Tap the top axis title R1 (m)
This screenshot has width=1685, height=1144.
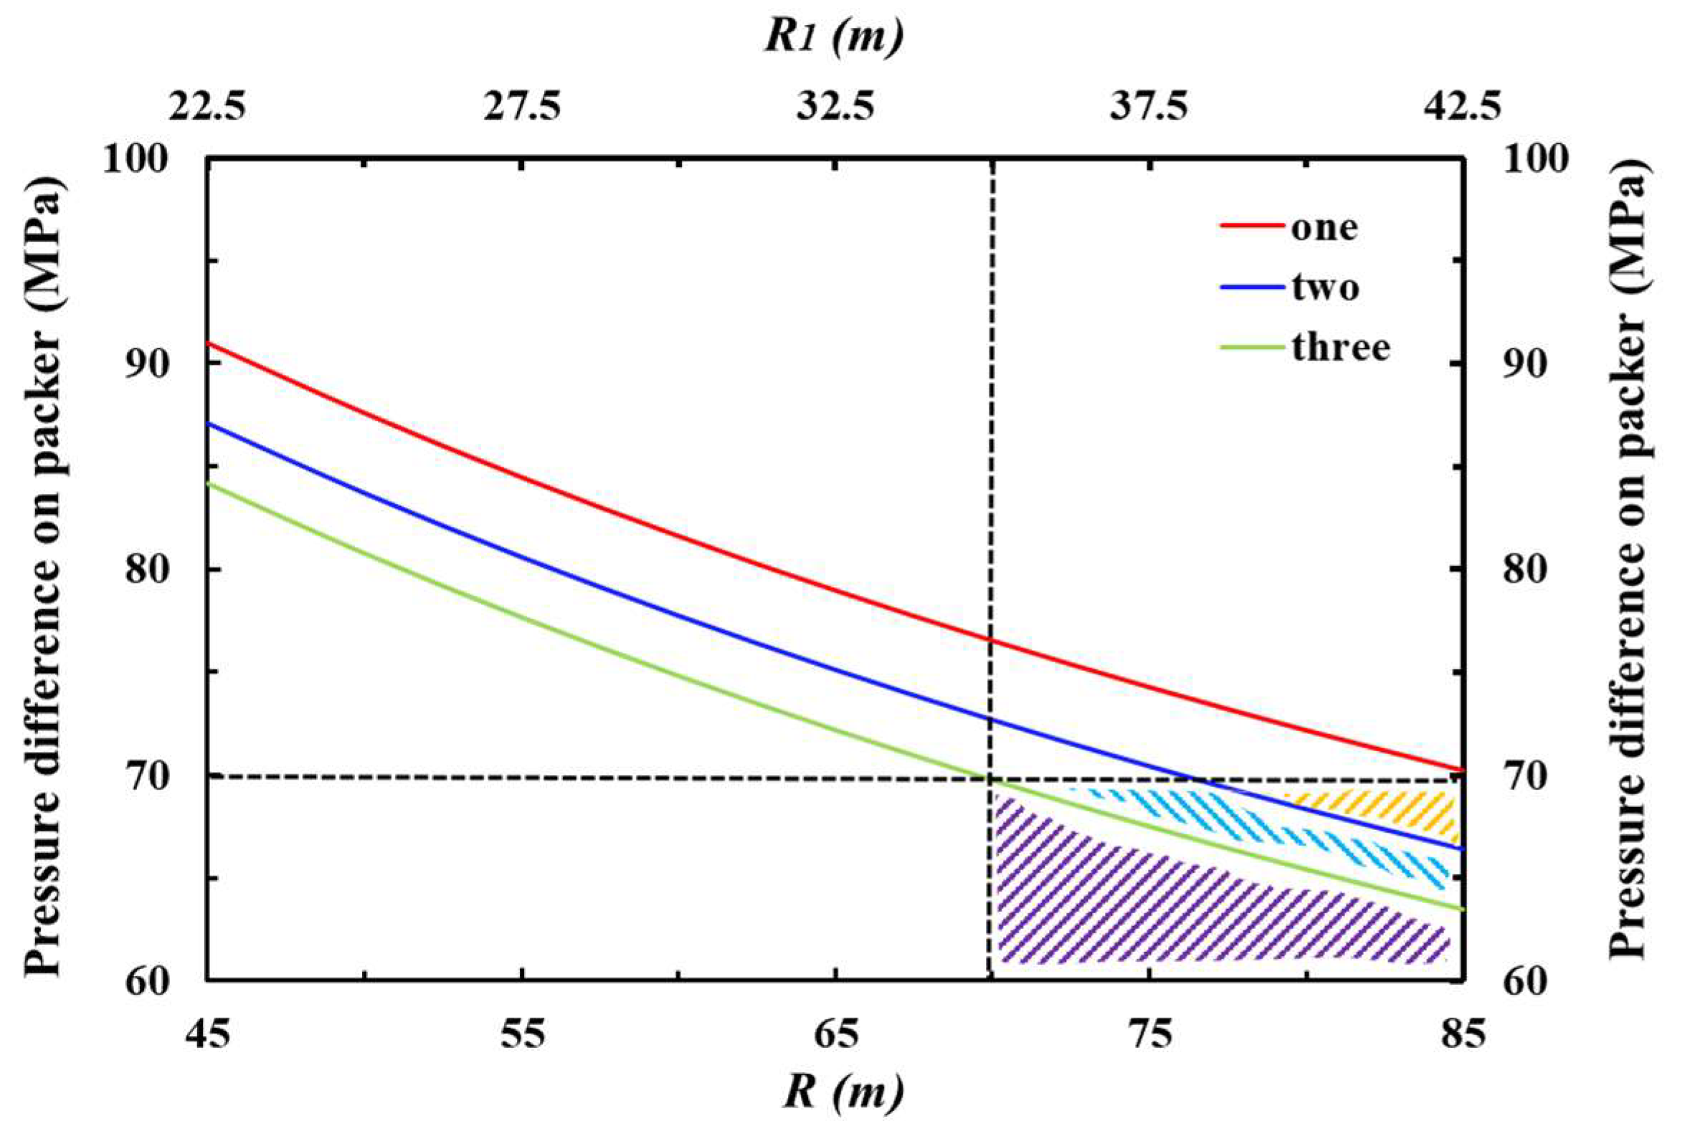(834, 38)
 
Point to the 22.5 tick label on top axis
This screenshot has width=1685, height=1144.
(207, 108)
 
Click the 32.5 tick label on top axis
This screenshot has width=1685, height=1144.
(836, 108)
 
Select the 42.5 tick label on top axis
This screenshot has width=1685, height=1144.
(1462, 108)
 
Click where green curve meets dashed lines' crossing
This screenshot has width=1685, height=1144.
(989, 778)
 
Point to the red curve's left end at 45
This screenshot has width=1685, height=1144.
(209, 342)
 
